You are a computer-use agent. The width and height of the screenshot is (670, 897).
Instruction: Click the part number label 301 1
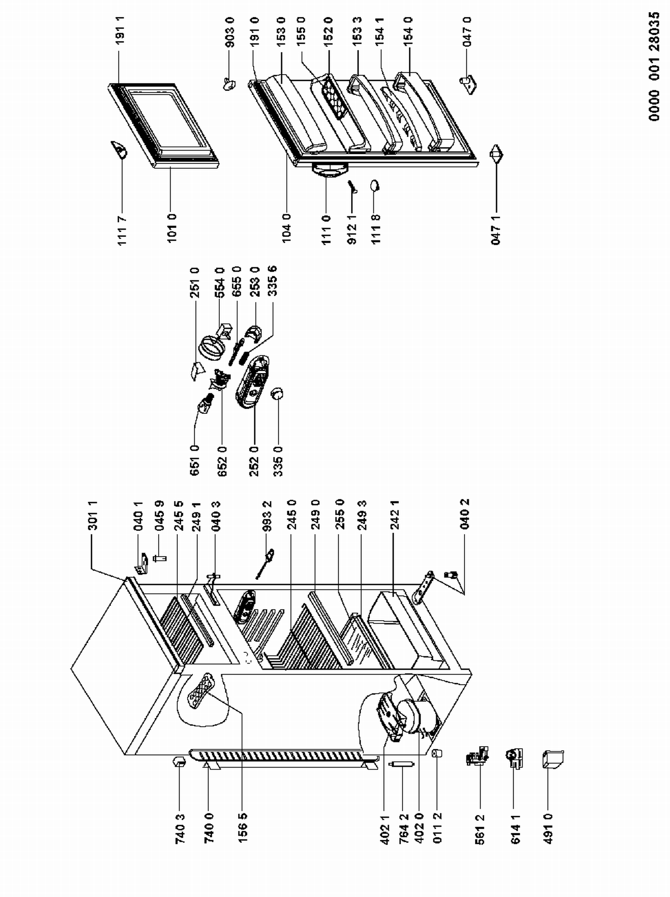(x=93, y=515)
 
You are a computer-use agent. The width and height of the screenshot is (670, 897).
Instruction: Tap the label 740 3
(x=180, y=829)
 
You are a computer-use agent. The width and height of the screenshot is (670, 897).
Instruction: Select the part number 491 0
(x=549, y=829)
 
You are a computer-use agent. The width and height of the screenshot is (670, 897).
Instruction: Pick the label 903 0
(x=229, y=33)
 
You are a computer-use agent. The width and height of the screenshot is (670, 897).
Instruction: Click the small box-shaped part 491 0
(x=553, y=759)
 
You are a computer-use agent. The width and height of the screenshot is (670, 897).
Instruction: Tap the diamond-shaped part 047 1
(x=496, y=154)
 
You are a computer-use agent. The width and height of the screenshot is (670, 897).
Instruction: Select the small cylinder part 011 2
(x=437, y=754)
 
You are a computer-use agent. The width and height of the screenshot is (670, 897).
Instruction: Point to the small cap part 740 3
(x=179, y=761)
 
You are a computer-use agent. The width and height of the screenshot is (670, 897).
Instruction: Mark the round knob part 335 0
(x=277, y=393)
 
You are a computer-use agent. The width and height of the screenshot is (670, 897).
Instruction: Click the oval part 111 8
(x=374, y=185)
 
